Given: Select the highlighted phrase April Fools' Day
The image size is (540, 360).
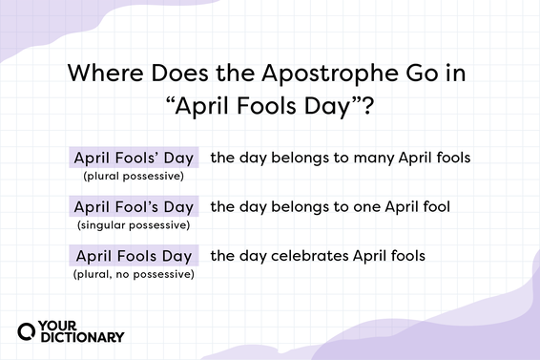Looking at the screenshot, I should pyautogui.click(x=134, y=157).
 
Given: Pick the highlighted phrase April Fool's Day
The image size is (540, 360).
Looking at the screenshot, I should pyautogui.click(x=134, y=205).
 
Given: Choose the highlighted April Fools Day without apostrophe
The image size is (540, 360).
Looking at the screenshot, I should pyautogui.click(x=134, y=255).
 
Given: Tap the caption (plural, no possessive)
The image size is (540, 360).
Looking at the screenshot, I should pyautogui.click(x=134, y=274).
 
